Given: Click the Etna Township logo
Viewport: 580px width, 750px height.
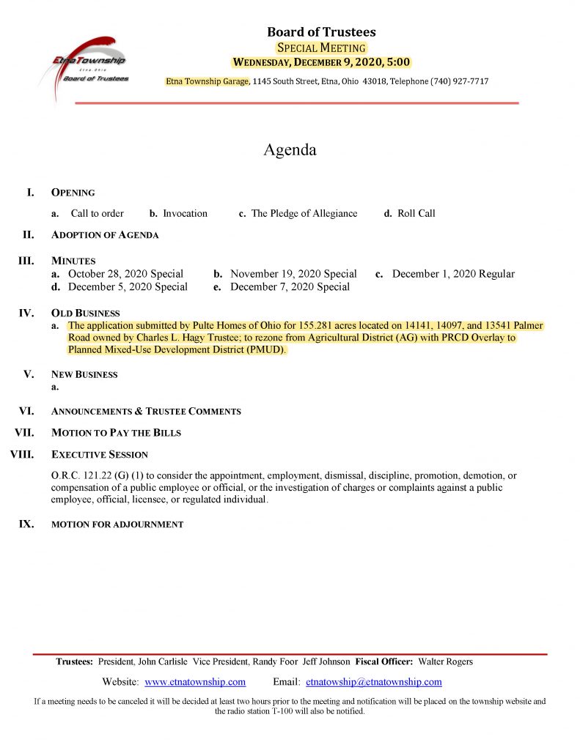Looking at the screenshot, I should [x=88, y=67].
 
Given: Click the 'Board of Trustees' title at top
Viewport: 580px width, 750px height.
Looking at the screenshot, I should [x=321, y=31].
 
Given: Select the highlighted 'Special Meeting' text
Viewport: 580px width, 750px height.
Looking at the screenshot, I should [x=321, y=48].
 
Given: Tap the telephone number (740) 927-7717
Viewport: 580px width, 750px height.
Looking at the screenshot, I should [x=458, y=81].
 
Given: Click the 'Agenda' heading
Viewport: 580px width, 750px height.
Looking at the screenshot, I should [x=290, y=150].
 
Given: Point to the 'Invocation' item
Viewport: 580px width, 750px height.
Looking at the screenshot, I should [x=185, y=214].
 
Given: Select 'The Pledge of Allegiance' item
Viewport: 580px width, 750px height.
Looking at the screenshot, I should [x=304, y=214].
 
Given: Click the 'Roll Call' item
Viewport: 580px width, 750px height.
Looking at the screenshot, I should [x=416, y=214].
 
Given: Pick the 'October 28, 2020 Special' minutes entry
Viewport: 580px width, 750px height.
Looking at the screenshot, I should [x=125, y=274].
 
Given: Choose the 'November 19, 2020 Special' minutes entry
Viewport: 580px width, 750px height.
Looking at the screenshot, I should [x=293, y=274].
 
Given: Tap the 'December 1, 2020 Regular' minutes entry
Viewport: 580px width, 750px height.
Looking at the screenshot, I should [x=453, y=274].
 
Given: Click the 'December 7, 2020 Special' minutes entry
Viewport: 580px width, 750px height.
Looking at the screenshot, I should [x=290, y=287].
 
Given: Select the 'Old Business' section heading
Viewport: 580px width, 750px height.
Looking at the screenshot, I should [x=85, y=313].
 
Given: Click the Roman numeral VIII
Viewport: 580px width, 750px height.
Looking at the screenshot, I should [x=22, y=454].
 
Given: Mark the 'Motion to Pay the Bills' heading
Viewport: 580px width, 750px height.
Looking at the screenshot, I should [x=116, y=433].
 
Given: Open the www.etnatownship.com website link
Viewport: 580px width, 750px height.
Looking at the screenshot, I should [x=195, y=682].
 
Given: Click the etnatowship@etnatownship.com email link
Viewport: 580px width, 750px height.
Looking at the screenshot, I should [x=373, y=682].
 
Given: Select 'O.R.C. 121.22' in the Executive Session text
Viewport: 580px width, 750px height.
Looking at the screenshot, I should [x=78, y=476].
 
